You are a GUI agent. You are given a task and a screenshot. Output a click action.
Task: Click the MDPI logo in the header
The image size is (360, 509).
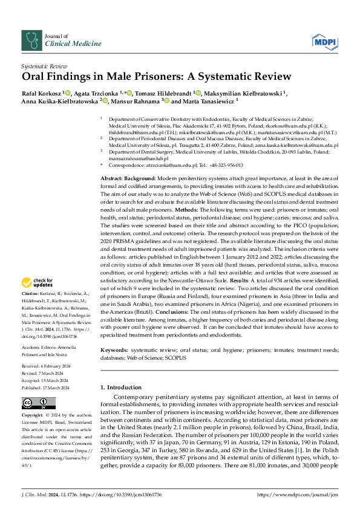pyautogui.click(x=324, y=41)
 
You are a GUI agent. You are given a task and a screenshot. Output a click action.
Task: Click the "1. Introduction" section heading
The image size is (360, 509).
pyautogui.click(x=120, y=386)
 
